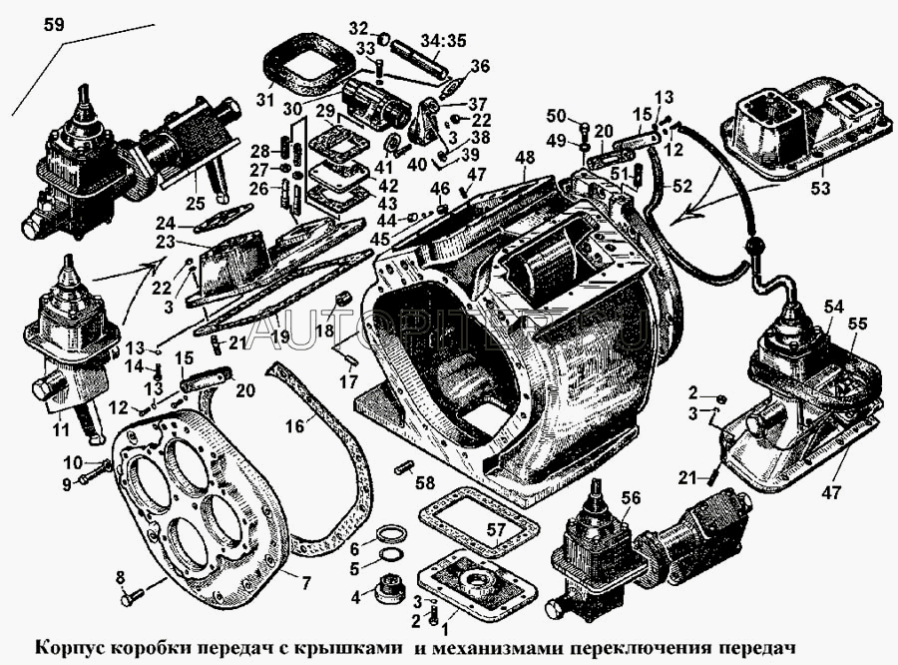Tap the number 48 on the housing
coord(524,157)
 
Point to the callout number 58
coord(425,483)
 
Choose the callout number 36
coord(481,66)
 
